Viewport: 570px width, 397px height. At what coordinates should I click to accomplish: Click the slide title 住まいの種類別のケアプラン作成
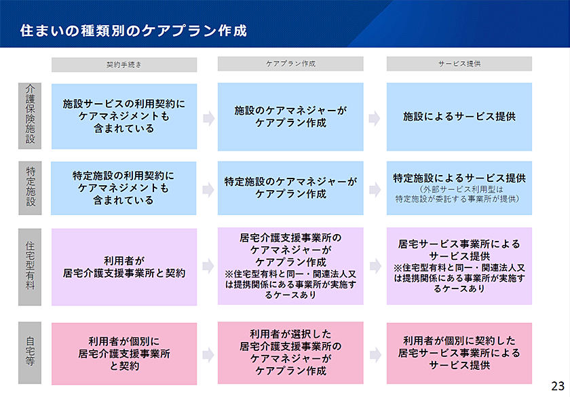point(134,31)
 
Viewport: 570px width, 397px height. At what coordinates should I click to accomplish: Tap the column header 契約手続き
point(124,64)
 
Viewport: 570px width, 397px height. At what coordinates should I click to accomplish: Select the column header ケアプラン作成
point(290,64)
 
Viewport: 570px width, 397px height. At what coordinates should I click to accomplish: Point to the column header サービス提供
point(459,64)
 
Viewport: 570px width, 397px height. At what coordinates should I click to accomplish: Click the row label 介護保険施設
point(30,116)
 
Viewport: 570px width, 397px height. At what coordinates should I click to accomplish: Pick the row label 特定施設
point(30,188)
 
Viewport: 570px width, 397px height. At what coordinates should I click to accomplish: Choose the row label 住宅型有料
point(30,267)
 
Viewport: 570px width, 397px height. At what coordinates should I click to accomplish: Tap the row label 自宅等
point(30,353)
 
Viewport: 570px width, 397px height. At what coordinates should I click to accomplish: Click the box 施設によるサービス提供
point(459,117)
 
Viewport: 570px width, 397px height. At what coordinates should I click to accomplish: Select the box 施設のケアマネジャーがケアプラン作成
point(290,117)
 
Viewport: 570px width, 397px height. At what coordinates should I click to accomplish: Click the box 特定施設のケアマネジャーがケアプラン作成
point(290,188)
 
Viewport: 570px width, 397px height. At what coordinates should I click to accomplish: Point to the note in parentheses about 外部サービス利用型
point(459,194)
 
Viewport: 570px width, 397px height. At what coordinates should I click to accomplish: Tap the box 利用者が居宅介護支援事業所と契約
point(124,267)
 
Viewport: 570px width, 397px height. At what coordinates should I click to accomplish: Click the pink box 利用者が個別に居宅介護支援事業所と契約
point(124,354)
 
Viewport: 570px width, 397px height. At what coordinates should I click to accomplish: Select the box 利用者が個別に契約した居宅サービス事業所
point(459,353)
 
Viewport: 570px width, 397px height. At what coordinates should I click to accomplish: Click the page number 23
point(558,385)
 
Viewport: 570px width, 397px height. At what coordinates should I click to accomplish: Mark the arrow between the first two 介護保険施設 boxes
point(209,118)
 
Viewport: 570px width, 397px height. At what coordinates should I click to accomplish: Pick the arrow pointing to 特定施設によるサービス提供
point(375,190)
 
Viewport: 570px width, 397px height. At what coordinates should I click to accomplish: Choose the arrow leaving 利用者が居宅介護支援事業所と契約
point(208,267)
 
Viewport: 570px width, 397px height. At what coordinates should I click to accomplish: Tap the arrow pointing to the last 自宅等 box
point(375,355)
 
